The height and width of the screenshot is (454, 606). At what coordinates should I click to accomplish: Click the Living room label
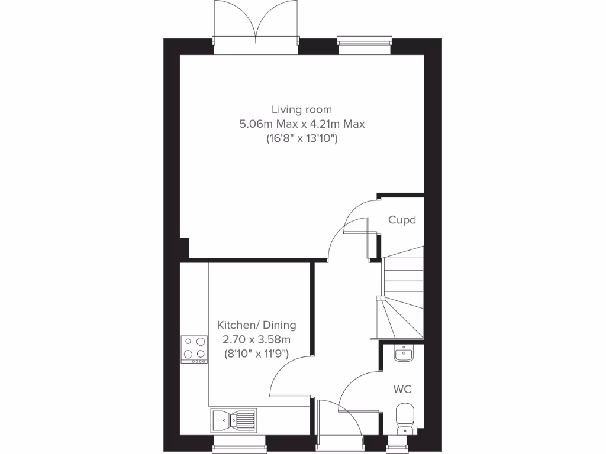tap(302, 109)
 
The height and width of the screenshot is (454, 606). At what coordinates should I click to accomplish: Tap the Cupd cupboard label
tap(402, 220)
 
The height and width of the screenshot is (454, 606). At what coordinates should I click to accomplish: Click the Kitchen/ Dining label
tap(256, 325)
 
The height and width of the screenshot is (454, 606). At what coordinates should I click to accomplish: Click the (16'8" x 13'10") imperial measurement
tap(302, 139)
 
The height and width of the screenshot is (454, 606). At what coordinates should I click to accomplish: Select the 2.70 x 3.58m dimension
tap(256, 340)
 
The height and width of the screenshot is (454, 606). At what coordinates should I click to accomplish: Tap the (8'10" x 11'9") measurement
tap(256, 355)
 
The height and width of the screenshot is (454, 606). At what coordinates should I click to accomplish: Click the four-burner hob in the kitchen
tap(194, 349)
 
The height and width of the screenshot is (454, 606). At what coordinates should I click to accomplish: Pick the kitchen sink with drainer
tap(233, 419)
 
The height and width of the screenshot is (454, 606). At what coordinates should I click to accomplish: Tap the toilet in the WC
tap(405, 417)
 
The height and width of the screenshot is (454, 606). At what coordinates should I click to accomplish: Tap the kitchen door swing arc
tap(290, 378)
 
